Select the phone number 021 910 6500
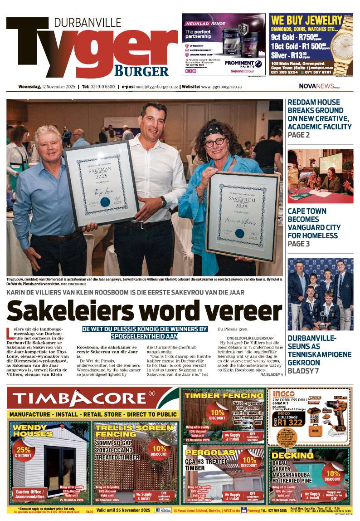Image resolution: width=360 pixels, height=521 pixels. click(x=98, y=86)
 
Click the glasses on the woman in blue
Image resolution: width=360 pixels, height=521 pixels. click(x=215, y=142)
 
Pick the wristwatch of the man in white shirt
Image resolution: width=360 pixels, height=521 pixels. click(x=163, y=201)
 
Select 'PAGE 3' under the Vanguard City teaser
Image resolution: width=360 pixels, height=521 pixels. click(x=299, y=244)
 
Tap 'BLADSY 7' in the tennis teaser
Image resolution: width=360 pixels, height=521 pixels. click(x=304, y=371)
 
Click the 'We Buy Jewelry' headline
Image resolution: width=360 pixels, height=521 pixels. click(x=306, y=20)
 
